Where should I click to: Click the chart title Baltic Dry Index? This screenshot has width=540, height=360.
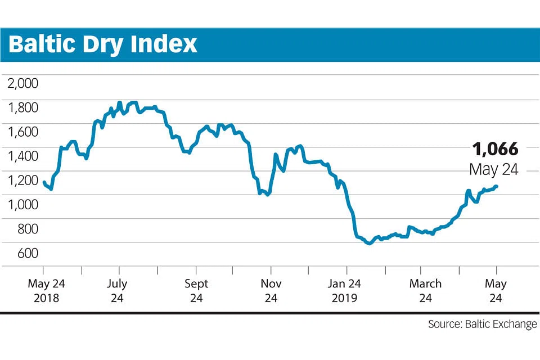pos(103,44)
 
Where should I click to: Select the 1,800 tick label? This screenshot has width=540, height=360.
pos(22,107)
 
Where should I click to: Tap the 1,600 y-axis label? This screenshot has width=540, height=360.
pos(22,132)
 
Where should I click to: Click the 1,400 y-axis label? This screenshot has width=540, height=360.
pos(22,156)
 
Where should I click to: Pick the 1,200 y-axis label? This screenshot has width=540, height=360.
pos(22,181)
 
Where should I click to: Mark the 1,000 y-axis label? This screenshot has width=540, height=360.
pos(22,205)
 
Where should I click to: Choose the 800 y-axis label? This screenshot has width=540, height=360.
pos(26,229)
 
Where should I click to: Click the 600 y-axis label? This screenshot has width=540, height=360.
pos(26,253)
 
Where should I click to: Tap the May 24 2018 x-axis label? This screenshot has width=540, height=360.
pos(46,290)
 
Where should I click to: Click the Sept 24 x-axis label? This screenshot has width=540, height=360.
pos(196,290)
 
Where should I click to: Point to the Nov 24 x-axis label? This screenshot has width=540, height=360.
pos(271,290)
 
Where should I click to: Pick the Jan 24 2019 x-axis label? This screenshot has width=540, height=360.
pos(346,290)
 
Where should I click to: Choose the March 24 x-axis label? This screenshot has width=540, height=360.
pos(425,290)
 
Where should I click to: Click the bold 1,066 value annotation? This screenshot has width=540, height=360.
pos(495,150)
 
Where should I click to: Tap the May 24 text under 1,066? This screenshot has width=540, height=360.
pos(493,169)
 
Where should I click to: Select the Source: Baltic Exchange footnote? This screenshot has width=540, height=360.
pos(482,325)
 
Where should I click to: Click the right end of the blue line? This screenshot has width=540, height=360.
pos(496,186)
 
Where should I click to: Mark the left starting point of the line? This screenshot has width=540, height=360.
pos(44,182)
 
